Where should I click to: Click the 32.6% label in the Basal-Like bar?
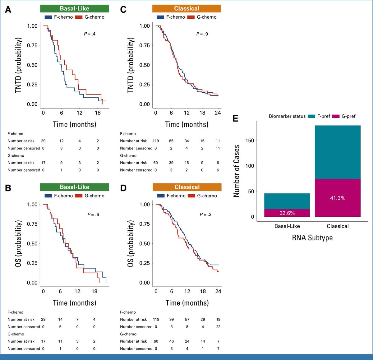287,213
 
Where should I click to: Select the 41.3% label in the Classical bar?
338,198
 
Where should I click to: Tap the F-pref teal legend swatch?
311,116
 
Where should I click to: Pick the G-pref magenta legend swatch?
336,116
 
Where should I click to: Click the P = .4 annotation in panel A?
90,34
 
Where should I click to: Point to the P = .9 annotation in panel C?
202,34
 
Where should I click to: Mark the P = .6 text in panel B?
93,214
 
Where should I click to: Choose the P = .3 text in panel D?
205,214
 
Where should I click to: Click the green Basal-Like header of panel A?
75,8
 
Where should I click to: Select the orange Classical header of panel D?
187,187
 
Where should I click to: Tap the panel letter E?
235,118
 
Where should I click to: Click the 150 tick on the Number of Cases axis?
250,141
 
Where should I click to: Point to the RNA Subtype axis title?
312,238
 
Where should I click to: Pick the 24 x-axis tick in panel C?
218,113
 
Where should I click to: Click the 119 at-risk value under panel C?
156,141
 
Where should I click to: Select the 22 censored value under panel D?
218,327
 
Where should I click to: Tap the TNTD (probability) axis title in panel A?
18,65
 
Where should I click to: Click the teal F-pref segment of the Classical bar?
338,152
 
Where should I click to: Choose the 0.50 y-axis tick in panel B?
32,243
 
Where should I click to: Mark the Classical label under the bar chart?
338,226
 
